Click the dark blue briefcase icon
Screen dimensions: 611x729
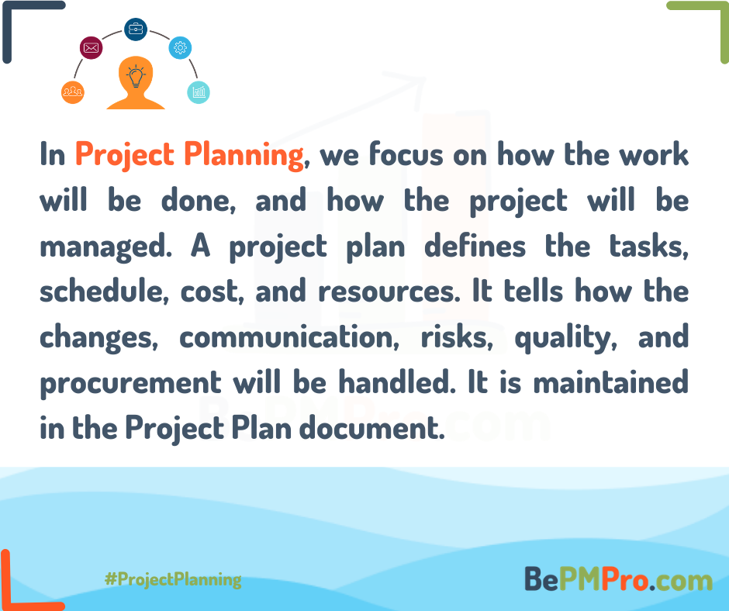tap(136, 29)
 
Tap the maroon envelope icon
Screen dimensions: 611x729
tap(92, 49)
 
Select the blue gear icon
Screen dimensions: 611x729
tap(180, 47)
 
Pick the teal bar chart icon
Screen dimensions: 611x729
tap(199, 92)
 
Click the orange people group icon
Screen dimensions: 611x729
tap(72, 92)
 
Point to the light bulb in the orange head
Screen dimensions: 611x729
tap(136, 77)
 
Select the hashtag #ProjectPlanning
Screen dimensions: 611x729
tap(172, 579)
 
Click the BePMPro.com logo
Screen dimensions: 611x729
tap(618, 579)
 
